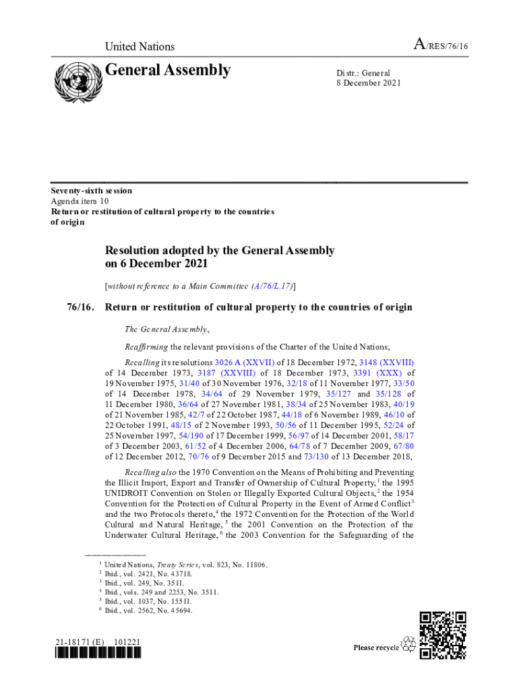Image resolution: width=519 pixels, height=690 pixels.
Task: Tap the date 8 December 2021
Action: click(x=369, y=84)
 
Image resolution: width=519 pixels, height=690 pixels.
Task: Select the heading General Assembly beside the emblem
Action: click(x=168, y=71)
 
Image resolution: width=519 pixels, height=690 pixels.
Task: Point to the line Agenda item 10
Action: click(x=80, y=201)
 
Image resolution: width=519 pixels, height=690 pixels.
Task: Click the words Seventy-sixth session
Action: click(x=92, y=191)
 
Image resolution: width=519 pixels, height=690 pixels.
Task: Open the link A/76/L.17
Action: click(x=272, y=286)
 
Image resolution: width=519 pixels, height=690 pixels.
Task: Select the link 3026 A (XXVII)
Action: click(x=245, y=362)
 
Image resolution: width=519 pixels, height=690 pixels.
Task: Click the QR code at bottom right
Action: click(x=442, y=635)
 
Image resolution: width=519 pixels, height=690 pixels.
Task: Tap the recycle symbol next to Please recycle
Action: click(x=408, y=646)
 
